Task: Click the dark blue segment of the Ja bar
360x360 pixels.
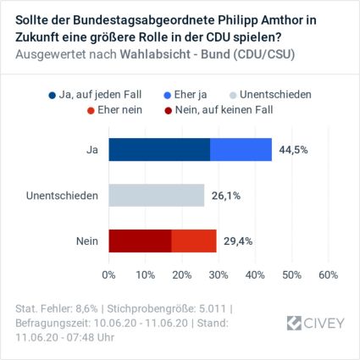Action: coord(159,150)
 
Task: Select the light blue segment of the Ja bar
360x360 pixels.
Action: coord(241,150)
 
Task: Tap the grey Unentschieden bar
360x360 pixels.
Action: coord(157,196)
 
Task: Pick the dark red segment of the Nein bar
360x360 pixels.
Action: coord(140,241)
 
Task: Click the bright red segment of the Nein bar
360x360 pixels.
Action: coord(194,241)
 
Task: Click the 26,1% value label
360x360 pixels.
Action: coord(225,196)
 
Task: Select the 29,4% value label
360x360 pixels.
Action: coord(238,241)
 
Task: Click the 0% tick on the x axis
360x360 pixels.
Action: coord(109,274)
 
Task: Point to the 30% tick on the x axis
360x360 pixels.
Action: coord(219,274)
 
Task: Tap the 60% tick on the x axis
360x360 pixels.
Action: coord(328,274)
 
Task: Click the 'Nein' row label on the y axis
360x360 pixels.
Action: coord(86,241)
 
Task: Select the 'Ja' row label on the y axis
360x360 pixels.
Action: coord(91,150)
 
